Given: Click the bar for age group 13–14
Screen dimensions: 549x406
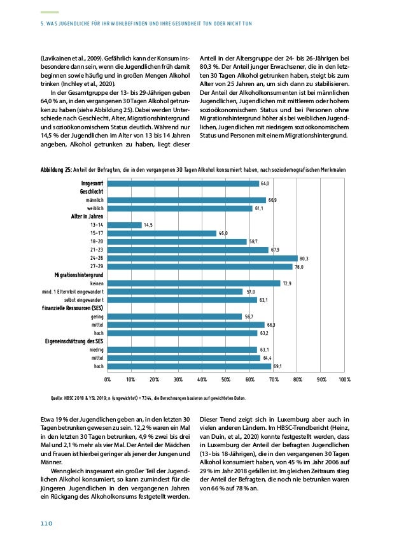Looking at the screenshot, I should pos(124,225).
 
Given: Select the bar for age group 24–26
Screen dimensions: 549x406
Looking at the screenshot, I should pos(202,258).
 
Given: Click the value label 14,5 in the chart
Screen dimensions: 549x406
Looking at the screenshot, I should pos(148,225).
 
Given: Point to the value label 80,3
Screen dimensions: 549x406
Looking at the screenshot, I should pos(304,259).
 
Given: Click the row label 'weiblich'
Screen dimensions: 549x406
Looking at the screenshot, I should pos(95,208).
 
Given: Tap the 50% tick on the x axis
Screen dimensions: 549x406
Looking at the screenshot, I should pos(226,379).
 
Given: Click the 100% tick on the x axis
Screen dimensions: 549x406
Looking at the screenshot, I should pos(344,379).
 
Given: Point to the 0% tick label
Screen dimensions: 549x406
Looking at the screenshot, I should pos(107,379).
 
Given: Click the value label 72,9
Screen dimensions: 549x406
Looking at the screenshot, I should pos(287,283).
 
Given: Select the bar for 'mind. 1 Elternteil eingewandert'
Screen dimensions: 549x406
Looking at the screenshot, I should pos(174,291).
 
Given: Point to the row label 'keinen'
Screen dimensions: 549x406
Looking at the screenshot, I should pos(97,283).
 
